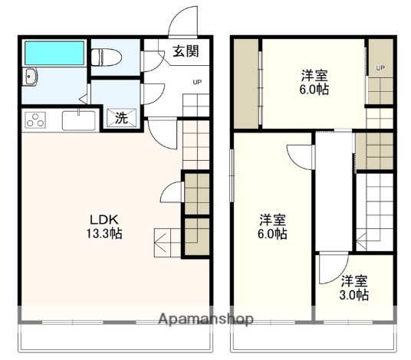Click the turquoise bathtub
click(54, 53)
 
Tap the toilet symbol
click(106, 57)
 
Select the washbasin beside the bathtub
click(30, 77)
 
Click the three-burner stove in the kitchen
click(35, 120)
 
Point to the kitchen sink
click(79, 120)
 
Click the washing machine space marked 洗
click(121, 118)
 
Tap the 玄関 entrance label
click(186, 51)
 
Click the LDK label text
click(104, 220)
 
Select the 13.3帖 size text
click(104, 234)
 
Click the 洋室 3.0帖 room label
click(354, 288)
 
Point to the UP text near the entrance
click(197, 82)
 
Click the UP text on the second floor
click(380, 68)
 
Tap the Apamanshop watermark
click(206, 319)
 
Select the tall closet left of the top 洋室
click(246, 83)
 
